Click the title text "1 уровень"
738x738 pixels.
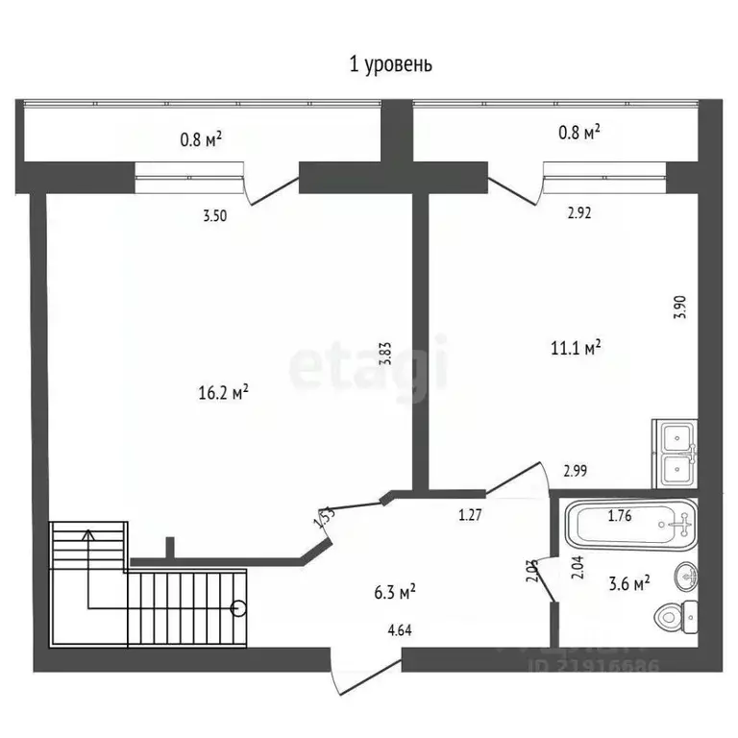coord(390,64)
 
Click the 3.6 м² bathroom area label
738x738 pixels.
coord(627,582)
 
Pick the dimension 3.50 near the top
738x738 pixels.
coord(215,217)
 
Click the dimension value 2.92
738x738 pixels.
coord(578,213)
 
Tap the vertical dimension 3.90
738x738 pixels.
coord(679,307)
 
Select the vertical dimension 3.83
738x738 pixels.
coord(385,354)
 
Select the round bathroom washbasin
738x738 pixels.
coord(686,575)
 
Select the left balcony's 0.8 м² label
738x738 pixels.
coord(202,140)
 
